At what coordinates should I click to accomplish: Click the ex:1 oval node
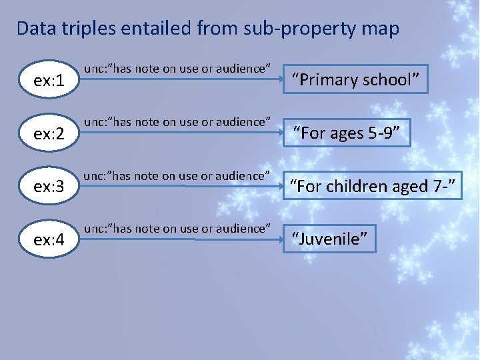(49, 81)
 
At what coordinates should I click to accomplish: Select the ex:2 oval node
(49, 133)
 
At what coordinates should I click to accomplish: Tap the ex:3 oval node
(49, 187)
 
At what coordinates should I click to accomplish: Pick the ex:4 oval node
(49, 239)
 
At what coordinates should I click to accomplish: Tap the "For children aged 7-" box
(373, 186)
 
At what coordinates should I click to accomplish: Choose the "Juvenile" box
(330, 239)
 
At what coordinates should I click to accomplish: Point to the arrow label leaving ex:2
(177, 122)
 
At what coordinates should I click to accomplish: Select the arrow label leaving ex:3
(177, 176)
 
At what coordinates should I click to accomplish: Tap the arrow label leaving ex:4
(177, 229)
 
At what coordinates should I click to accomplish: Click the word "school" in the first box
(390, 80)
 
